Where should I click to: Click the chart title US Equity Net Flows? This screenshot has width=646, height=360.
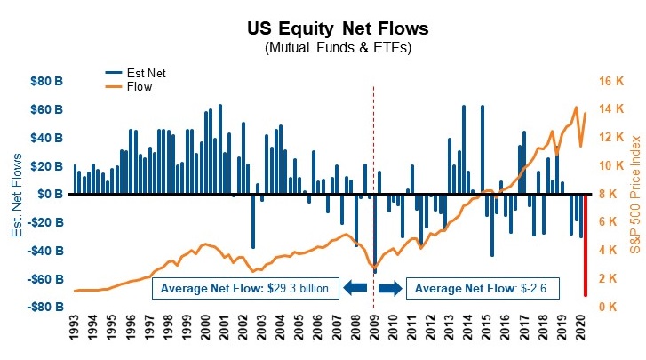pyautogui.click(x=323, y=29)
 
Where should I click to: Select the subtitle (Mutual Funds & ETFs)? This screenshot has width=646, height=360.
pyautogui.click(x=323, y=48)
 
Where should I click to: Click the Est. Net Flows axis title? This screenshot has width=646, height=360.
pyautogui.click(x=17, y=194)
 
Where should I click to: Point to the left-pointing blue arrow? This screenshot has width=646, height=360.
pyautogui.click(x=355, y=287)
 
